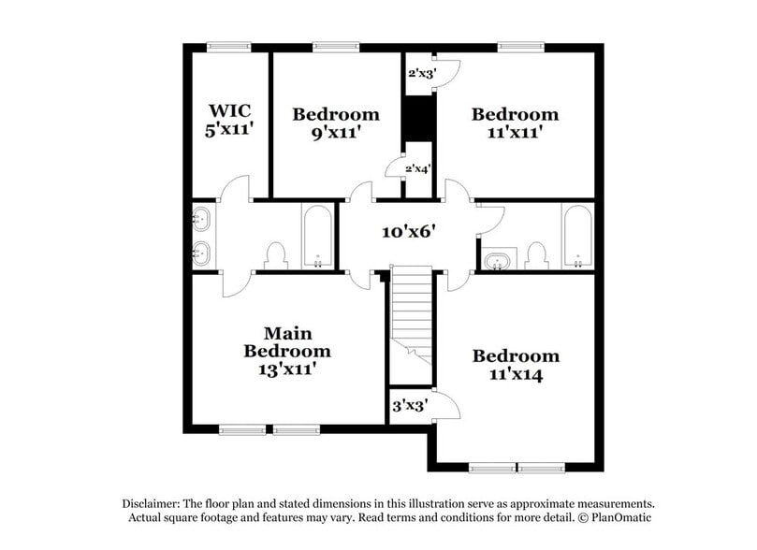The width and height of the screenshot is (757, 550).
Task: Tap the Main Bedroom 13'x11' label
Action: coord(287,351)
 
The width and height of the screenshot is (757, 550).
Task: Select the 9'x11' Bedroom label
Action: coord(336,123)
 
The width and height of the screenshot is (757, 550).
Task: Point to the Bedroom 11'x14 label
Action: coord(516,365)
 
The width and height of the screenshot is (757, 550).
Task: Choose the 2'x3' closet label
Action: coord(421,72)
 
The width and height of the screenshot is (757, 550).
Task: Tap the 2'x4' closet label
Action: coord(418,169)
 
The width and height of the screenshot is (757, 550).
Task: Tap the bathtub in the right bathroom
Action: coord(577,236)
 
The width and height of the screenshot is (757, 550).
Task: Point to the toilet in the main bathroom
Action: coord(275,254)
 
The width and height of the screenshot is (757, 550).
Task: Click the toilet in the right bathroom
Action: coord(535,254)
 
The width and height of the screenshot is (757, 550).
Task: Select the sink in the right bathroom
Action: coord(497,259)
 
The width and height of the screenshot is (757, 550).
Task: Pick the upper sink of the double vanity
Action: coord(200,221)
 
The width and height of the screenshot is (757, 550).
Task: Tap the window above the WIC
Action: coord(228,46)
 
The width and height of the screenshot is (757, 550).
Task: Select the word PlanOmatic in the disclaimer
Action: coord(619,517)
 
